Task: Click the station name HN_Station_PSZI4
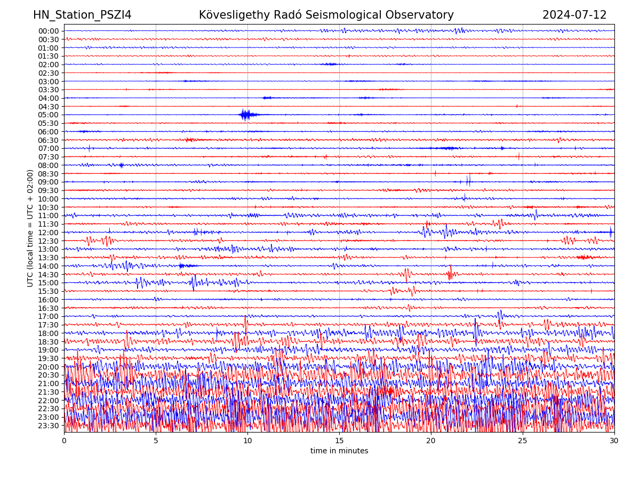tap(82, 15)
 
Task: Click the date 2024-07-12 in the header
tap(574, 15)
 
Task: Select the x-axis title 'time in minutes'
tap(339, 451)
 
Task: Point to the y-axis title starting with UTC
tap(30, 228)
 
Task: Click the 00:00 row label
tap(49, 31)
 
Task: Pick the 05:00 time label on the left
tap(49, 115)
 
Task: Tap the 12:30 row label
tap(49, 241)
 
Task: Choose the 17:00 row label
tap(49, 316)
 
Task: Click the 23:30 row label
tap(49, 426)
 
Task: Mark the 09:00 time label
tap(49, 182)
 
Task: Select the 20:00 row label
tap(49, 367)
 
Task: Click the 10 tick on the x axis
tap(247, 441)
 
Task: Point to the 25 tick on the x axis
tap(523, 441)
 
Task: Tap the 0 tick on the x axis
tap(64, 441)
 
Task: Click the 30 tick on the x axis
tap(614, 441)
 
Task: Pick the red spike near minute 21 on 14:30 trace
tap(450, 274)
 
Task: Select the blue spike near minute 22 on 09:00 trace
tap(468, 181)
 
